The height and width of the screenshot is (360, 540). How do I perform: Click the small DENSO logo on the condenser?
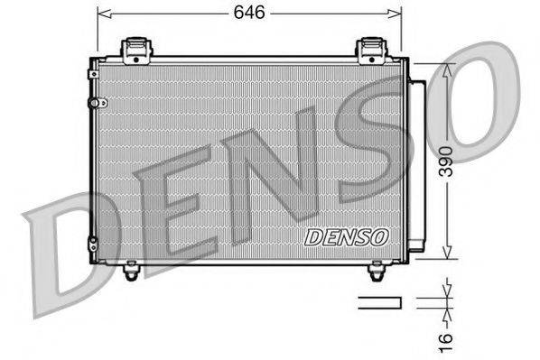point(347,237)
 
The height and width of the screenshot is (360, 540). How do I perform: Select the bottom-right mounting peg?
point(377,268)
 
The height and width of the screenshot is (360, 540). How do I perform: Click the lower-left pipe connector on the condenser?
point(92,241)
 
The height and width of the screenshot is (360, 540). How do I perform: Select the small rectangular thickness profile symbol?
point(378,301)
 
